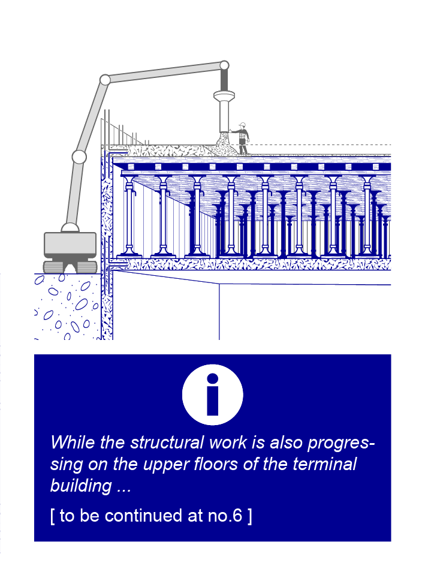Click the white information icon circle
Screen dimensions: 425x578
(212, 395)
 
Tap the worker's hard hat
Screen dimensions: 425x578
(242, 125)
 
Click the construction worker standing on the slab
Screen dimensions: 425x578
(242, 139)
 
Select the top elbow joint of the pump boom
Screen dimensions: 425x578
(105, 80)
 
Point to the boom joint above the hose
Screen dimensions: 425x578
(224, 65)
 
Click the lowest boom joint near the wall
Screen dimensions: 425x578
(79, 157)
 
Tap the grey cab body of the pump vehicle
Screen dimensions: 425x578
(70, 245)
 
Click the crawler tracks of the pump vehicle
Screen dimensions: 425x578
(70, 266)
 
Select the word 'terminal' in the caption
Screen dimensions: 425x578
(324, 463)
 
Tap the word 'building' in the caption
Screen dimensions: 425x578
(81, 486)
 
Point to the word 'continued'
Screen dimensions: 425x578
(144, 515)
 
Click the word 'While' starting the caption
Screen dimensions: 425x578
(73, 442)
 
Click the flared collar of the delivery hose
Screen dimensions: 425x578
(224, 96)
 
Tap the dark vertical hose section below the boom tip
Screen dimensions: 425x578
(224, 80)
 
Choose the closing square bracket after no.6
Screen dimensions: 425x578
(250, 516)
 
